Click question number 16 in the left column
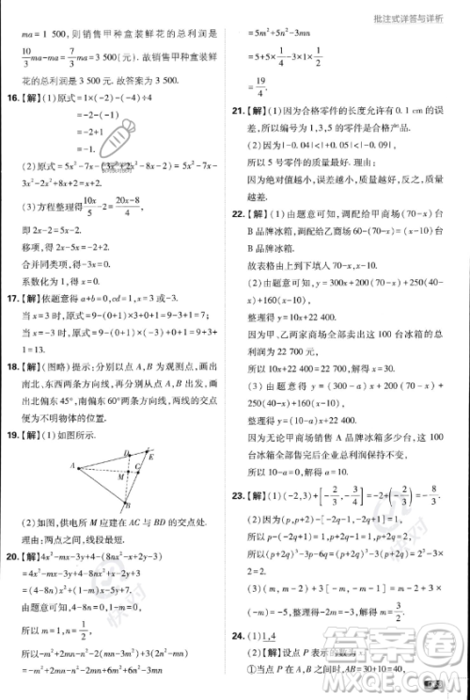pyautogui.click(x=12, y=97)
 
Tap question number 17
pyautogui.click(x=12, y=299)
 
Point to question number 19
pyautogui.click(x=12, y=435)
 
